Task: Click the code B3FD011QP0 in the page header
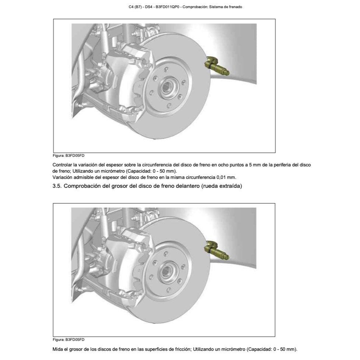click(167, 7)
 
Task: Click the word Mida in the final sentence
click(58, 349)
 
